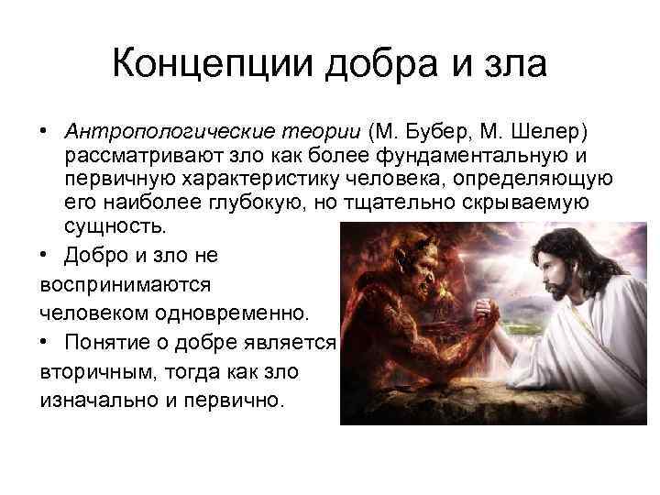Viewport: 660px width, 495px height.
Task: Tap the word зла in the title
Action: point(513,65)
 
